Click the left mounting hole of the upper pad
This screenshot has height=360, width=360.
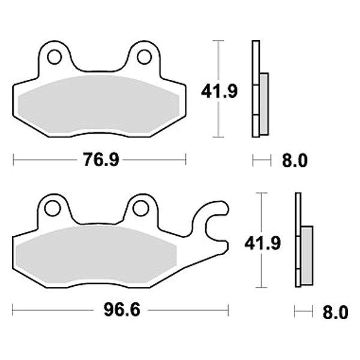55,57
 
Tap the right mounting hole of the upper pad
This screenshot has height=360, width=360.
143,57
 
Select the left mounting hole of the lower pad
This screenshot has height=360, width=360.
52,208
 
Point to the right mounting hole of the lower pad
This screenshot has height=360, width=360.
141,208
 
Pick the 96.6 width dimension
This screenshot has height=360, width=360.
120,311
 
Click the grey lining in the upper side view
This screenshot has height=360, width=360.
264,103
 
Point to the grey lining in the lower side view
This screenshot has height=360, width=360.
307,256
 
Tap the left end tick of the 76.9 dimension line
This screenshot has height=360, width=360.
14,160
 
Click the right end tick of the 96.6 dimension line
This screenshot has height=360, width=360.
228,311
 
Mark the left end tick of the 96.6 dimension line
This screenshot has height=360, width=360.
14,311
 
